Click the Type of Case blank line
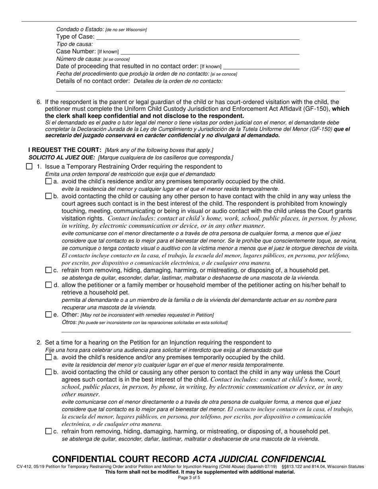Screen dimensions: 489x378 pyautogui.click(x=198, y=37)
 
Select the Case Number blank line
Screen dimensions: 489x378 pyautogui.click(x=210, y=52)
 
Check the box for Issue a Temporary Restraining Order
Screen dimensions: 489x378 pyautogui.click(x=29, y=167)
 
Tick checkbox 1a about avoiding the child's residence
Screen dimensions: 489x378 pyautogui.click(x=49, y=181)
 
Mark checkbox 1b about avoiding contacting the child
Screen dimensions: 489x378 pyautogui.click(x=49, y=196)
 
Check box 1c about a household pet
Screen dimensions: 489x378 pyautogui.click(x=49, y=270)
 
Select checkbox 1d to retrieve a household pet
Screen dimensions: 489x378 pyautogui.click(x=49, y=285)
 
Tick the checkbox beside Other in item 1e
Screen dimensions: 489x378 pyautogui.click(x=49, y=314)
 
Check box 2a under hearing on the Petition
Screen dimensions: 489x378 pyautogui.click(x=49, y=357)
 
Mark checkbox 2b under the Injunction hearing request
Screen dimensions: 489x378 pyautogui.click(x=49, y=372)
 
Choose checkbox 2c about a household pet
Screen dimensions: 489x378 pyautogui.click(x=49, y=431)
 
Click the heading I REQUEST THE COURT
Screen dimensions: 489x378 pyautogui.click(x=65, y=149)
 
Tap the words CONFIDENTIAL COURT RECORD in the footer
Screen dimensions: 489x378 pyautogui.click(x=121, y=459)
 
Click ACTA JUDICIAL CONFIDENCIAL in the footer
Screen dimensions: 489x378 pyautogui.click(x=259, y=459)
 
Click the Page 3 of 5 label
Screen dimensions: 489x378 pyautogui.click(x=189, y=477)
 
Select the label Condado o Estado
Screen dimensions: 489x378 pyautogui.click(x=80, y=29)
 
